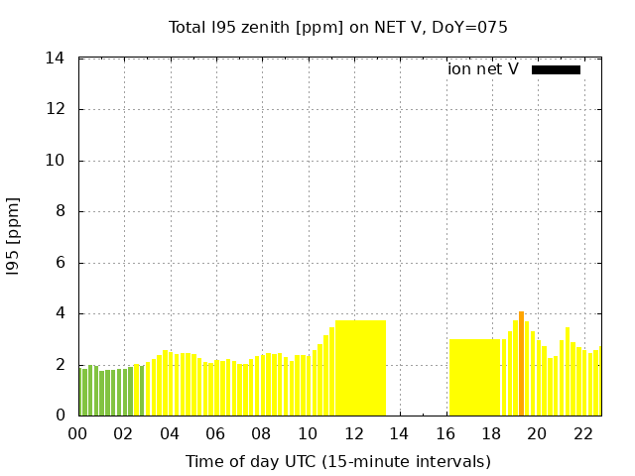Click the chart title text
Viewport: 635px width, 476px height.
(337, 28)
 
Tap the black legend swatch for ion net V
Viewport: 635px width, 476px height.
(556, 69)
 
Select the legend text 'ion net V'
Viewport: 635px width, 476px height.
(482, 69)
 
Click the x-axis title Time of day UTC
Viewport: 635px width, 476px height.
(337, 462)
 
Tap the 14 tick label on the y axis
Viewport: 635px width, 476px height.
(56, 59)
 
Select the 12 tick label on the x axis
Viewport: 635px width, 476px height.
(353, 434)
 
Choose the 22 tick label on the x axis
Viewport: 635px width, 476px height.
(582, 434)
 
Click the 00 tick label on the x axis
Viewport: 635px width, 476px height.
(78, 434)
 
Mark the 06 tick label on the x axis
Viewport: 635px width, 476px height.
(215, 434)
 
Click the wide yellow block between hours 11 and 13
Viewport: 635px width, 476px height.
(360, 368)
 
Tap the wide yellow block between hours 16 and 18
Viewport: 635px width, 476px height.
(474, 377)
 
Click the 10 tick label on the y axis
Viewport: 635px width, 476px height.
(56, 161)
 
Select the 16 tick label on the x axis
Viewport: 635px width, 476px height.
(445, 434)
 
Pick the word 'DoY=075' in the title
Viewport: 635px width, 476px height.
(474, 28)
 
